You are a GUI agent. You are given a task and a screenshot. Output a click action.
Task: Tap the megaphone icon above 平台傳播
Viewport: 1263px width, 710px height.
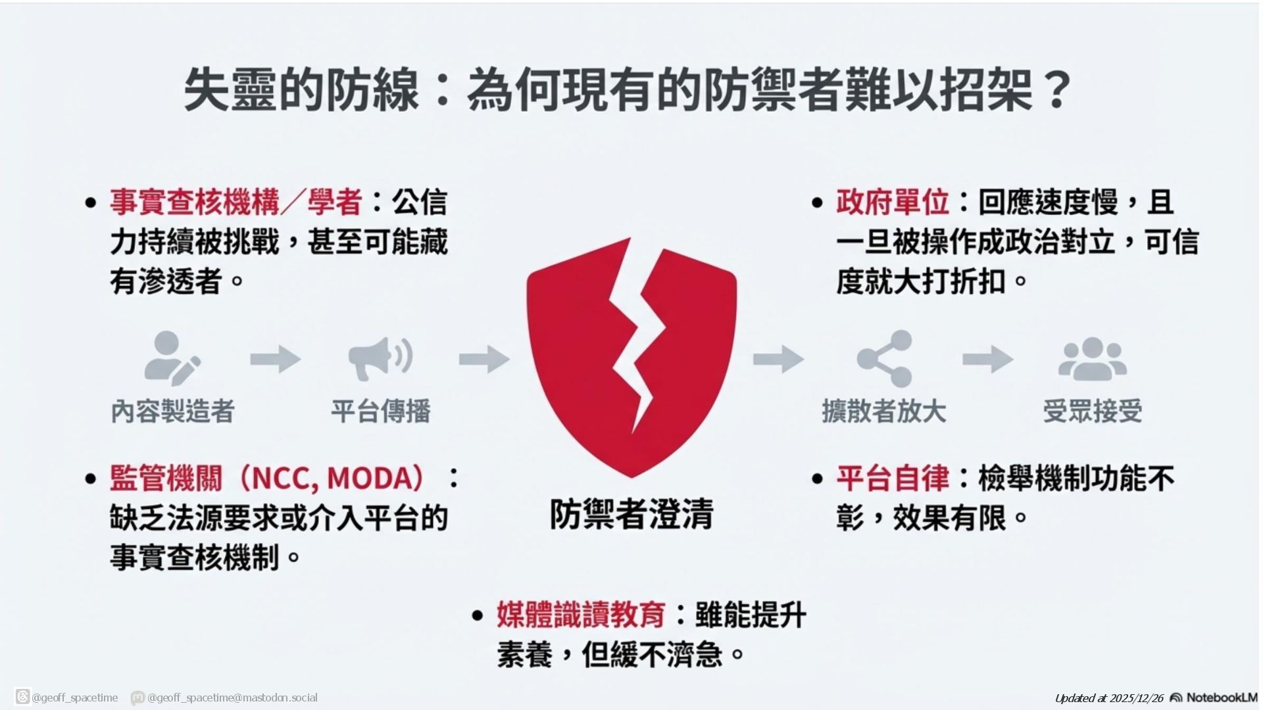(x=380, y=358)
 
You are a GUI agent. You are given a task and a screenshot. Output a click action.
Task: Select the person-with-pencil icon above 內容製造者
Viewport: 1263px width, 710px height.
(x=172, y=358)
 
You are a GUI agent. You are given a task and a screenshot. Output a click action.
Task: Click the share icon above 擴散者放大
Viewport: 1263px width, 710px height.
(x=885, y=358)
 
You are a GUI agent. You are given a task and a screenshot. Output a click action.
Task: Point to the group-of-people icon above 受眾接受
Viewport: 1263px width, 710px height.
(x=1092, y=360)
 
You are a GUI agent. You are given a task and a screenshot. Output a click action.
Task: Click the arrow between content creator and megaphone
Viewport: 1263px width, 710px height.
(x=275, y=359)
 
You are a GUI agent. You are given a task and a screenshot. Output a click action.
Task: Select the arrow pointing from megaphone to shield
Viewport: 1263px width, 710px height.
(x=484, y=359)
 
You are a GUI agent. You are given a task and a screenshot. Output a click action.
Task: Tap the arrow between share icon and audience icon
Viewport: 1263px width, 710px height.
(x=987, y=359)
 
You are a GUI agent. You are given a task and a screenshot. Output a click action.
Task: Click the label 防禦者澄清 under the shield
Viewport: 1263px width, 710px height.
(x=631, y=514)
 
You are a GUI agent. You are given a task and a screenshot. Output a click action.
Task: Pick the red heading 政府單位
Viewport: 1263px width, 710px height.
(x=893, y=202)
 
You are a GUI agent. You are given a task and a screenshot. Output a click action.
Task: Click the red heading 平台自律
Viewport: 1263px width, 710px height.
(x=893, y=478)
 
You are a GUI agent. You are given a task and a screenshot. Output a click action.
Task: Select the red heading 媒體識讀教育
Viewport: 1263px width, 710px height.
(x=581, y=615)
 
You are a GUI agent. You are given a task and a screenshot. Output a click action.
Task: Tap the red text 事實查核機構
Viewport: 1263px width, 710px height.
(x=195, y=202)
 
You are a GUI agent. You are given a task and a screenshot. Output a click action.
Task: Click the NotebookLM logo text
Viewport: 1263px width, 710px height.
(x=1222, y=698)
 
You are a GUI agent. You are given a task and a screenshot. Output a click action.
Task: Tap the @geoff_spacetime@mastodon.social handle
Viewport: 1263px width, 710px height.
(x=232, y=698)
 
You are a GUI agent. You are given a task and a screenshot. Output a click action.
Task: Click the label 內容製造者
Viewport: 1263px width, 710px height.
(x=172, y=412)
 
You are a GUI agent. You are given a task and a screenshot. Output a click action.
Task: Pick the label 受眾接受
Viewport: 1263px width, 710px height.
(x=1092, y=412)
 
